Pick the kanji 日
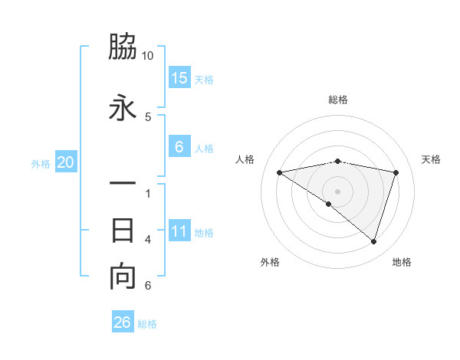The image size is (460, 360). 123,230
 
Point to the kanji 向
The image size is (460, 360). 123,277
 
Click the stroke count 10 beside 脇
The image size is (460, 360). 148,56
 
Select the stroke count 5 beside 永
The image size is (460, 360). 148,116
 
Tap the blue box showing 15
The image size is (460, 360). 179,78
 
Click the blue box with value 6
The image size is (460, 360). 179,147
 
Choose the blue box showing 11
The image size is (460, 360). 179,232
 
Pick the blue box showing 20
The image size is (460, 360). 66,162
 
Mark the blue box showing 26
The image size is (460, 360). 123,322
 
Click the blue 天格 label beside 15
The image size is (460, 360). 204,79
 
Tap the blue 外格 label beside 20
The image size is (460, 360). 41,163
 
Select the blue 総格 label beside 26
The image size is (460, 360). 147,323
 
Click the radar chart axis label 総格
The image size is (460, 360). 338,100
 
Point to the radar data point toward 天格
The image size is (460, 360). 396,172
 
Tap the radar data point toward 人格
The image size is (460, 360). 280,172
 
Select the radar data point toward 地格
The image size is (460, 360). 373,241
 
